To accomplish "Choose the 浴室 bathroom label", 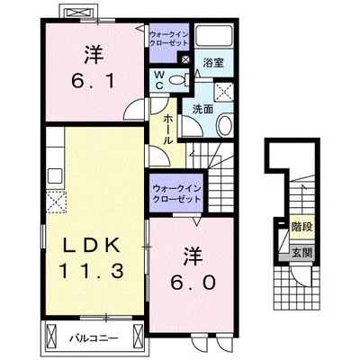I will click(x=213, y=64).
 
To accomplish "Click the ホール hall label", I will click(x=168, y=129).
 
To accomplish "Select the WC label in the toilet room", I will click(x=159, y=79).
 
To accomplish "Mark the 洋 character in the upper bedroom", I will click(x=89, y=52).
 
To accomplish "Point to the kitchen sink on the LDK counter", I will click(x=53, y=172).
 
